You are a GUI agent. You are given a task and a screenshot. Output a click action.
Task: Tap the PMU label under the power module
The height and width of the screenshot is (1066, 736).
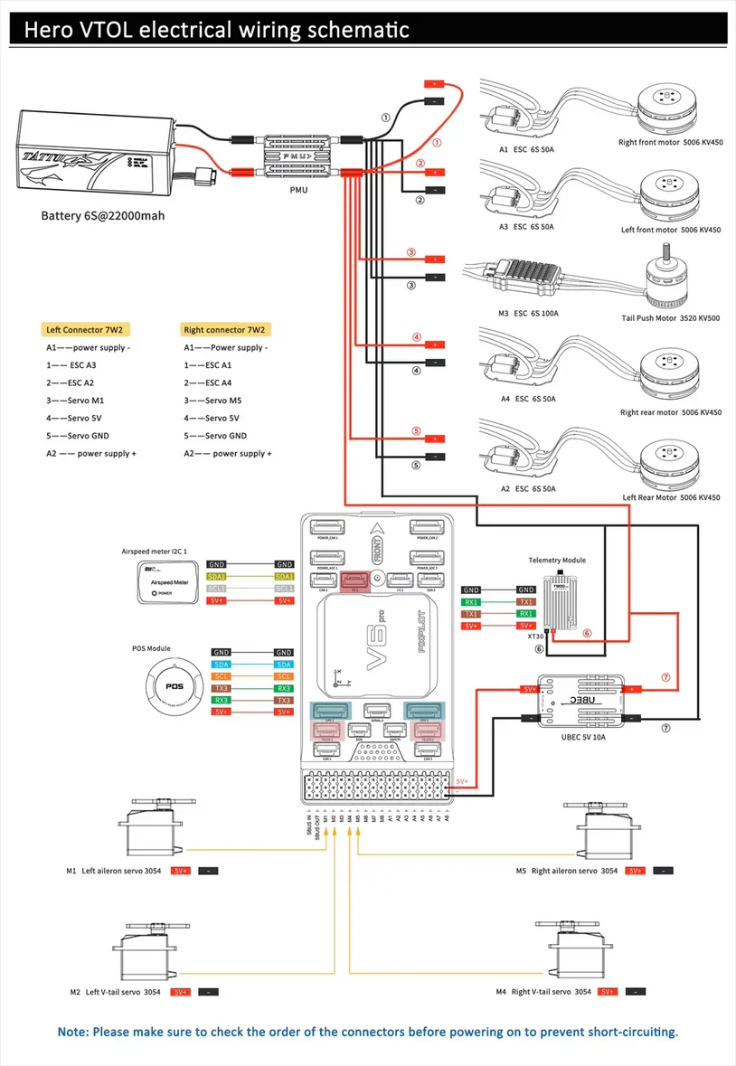point(297,192)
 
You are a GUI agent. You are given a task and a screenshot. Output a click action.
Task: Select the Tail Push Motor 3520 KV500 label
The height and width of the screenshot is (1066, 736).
point(671,318)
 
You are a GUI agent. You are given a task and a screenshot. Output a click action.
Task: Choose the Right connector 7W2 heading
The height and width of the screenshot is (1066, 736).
point(217,330)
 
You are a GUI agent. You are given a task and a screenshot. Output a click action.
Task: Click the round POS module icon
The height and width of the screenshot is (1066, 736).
point(175,686)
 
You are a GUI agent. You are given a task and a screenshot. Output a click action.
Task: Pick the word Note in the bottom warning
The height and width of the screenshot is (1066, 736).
point(71,1032)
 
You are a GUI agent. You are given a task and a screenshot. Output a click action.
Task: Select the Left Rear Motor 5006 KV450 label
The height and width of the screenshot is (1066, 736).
point(671,497)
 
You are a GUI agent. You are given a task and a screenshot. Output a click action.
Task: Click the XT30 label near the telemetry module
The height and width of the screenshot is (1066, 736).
point(536,637)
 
